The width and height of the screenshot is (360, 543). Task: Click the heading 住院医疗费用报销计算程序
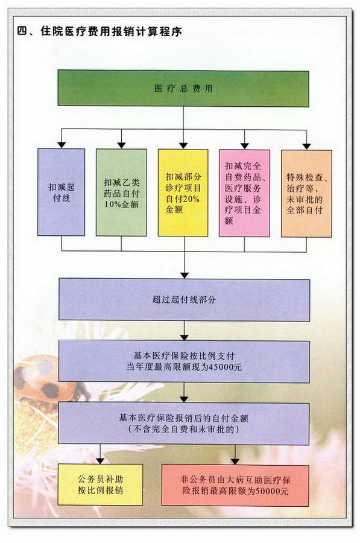pyautogui.click(x=111, y=31)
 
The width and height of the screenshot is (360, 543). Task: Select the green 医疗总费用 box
pyautogui.click(x=183, y=88)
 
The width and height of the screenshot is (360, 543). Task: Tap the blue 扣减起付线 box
pyautogui.click(x=62, y=192)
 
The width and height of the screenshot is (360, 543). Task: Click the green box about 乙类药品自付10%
pyautogui.click(x=121, y=192)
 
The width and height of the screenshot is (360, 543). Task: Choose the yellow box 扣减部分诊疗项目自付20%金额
pyautogui.click(x=183, y=193)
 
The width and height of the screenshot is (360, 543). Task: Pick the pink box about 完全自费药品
pyautogui.click(x=244, y=193)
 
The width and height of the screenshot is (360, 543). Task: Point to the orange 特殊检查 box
pyautogui.click(x=306, y=194)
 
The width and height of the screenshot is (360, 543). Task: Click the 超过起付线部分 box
pyautogui.click(x=184, y=299)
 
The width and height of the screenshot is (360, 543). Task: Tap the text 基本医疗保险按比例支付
pyautogui.click(x=184, y=355)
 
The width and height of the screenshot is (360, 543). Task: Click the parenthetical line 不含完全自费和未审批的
pyautogui.click(x=184, y=430)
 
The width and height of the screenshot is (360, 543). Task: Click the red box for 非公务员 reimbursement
pyautogui.click(x=235, y=486)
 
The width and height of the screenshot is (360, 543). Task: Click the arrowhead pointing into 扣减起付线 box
pyautogui.click(x=62, y=145)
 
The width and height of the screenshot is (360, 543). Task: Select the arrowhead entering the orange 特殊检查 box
pyautogui.click(x=306, y=146)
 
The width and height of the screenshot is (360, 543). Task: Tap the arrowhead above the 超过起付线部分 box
pyautogui.click(x=185, y=275)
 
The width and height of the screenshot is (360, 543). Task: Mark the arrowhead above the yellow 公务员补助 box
pyautogui.click(x=100, y=460)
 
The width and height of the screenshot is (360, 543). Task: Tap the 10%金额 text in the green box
pyautogui.click(x=121, y=205)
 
